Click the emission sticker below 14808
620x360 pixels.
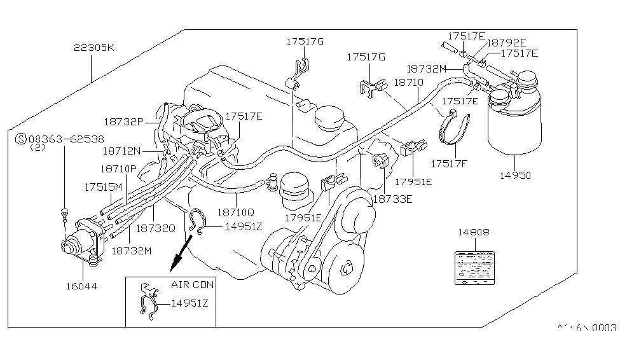point(474,266)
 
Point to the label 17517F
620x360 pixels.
point(449,163)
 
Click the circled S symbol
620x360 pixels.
point(20,138)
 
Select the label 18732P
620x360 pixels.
point(125,121)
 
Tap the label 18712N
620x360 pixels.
point(122,152)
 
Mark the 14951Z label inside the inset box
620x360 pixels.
point(189,303)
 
